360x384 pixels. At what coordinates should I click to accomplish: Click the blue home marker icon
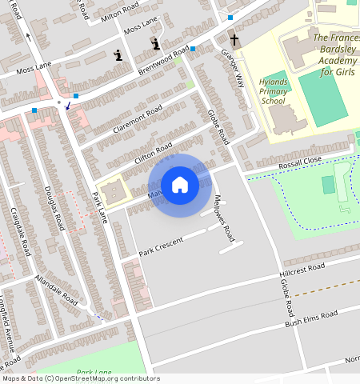point(180,185)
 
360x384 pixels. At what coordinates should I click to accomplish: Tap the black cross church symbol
point(235,40)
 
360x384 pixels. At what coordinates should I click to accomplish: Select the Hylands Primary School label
point(273,92)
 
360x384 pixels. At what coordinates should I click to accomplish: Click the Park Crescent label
point(161,246)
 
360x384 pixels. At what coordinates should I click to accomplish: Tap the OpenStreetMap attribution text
point(80,378)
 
